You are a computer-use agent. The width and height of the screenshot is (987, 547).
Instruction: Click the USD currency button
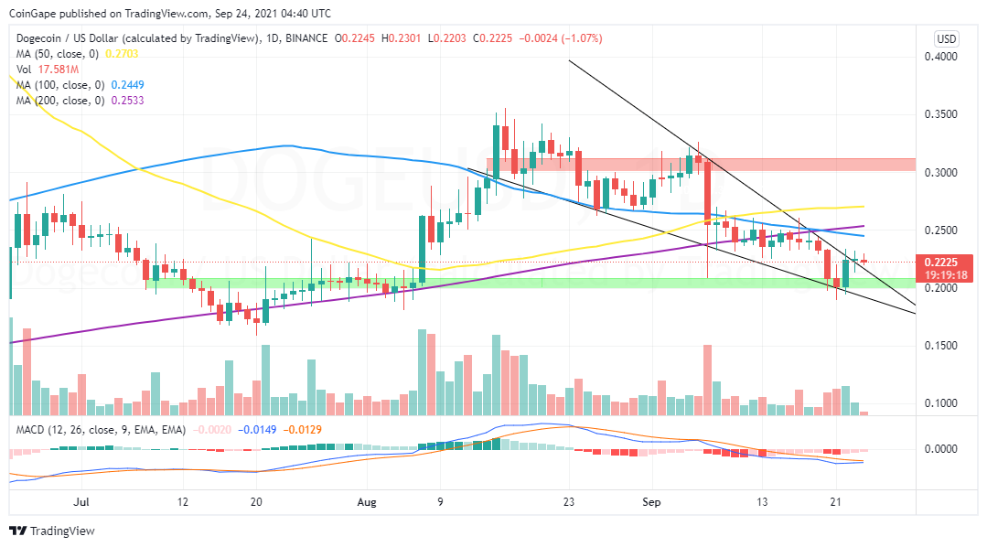(946, 39)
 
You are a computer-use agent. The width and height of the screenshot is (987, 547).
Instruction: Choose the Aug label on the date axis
(367, 501)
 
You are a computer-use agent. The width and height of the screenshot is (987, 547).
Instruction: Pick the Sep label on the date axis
(652, 501)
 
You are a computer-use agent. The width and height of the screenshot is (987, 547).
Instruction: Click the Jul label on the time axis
(82, 501)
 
